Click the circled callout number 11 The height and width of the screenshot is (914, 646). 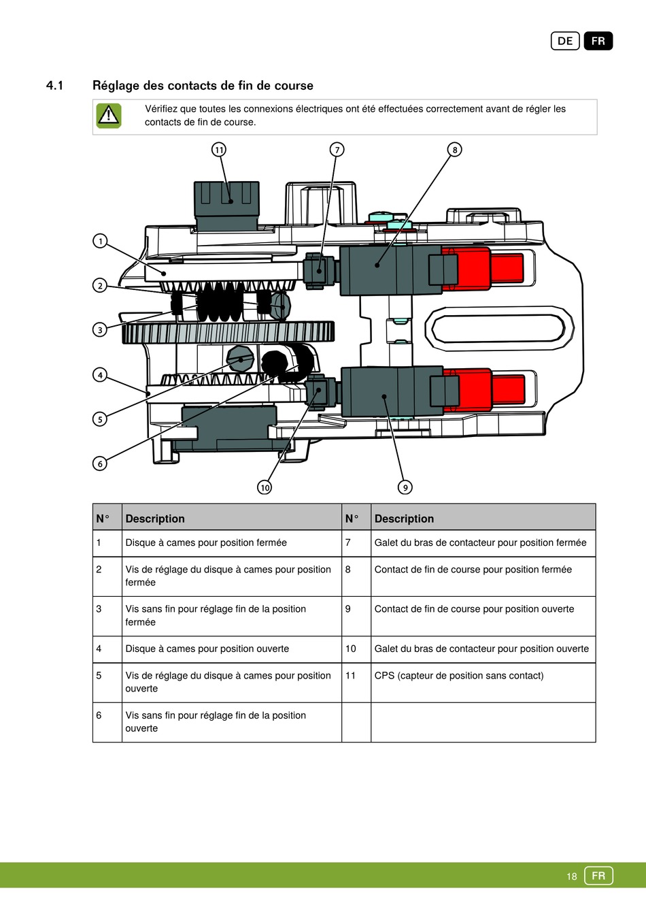[x=219, y=150]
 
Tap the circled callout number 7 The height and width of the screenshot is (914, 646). [x=337, y=150]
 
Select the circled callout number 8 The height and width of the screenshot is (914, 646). [x=455, y=150]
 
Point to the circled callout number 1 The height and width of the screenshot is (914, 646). [x=100, y=241]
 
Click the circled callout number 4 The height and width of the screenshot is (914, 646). [x=100, y=375]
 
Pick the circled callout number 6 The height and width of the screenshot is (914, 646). [x=100, y=463]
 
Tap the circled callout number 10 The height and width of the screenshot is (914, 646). [x=265, y=487]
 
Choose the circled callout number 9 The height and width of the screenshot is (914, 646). [x=405, y=487]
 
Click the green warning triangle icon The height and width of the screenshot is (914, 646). [x=109, y=116]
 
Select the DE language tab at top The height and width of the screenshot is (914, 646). [x=565, y=42]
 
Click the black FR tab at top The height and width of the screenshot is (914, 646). [x=598, y=42]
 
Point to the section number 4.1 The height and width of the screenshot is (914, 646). [x=55, y=86]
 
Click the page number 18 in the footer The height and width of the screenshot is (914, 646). [x=572, y=877]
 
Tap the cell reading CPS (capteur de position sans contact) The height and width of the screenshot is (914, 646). [x=459, y=676]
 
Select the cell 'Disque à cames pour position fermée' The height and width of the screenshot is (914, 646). [x=206, y=543]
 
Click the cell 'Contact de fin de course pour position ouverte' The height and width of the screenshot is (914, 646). [x=474, y=609]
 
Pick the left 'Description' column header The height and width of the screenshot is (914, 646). [x=155, y=519]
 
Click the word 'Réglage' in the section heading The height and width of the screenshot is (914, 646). [x=116, y=86]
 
